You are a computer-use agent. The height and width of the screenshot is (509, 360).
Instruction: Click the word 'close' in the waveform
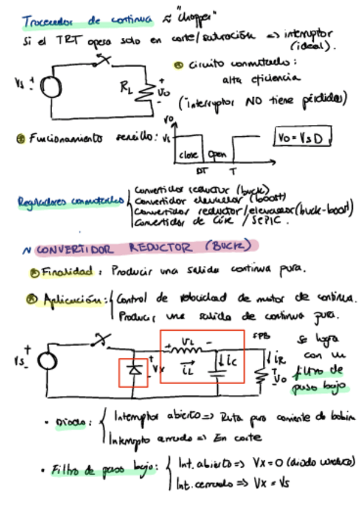[188, 154]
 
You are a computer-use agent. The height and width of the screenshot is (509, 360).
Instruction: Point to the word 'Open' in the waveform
[217, 154]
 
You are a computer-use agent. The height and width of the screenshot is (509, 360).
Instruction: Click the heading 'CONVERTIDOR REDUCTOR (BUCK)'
[147, 247]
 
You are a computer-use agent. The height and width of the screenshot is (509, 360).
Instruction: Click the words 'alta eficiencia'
[261, 79]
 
